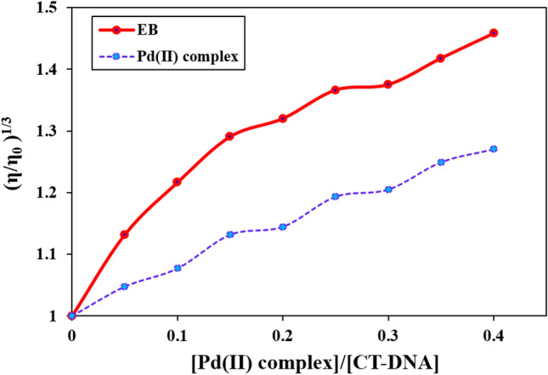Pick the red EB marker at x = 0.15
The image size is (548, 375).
pyautogui.click(x=229, y=136)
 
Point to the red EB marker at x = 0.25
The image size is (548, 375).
pyautogui.click(x=336, y=89)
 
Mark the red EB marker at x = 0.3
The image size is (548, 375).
pyautogui.click(x=388, y=84)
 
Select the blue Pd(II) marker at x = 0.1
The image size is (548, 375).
pyautogui.click(x=178, y=268)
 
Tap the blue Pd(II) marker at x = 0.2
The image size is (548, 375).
pyautogui.click(x=283, y=227)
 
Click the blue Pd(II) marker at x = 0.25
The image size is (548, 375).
pyautogui.click(x=336, y=196)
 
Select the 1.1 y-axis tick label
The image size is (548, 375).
pyautogui.click(x=48, y=254)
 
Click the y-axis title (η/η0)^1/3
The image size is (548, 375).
pyautogui.click(x=14, y=162)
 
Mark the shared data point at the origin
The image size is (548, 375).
pyautogui.click(x=72, y=315)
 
